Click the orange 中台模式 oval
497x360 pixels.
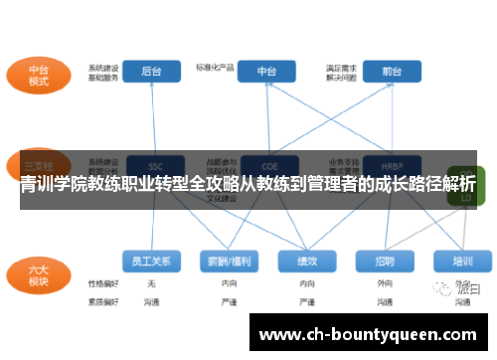(39, 75)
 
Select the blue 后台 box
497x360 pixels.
(152, 72)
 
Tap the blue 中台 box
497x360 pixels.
(266, 72)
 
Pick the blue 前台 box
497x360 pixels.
(378, 72)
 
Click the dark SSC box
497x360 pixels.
(155, 165)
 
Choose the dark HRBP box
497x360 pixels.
(379, 165)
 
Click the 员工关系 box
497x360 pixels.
(152, 261)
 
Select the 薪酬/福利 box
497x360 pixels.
(230, 261)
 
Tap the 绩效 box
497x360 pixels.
(307, 261)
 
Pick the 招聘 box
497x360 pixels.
(385, 261)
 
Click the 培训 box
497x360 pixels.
(462, 261)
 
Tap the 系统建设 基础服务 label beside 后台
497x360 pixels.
(103, 72)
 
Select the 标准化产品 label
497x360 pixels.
(216, 68)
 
